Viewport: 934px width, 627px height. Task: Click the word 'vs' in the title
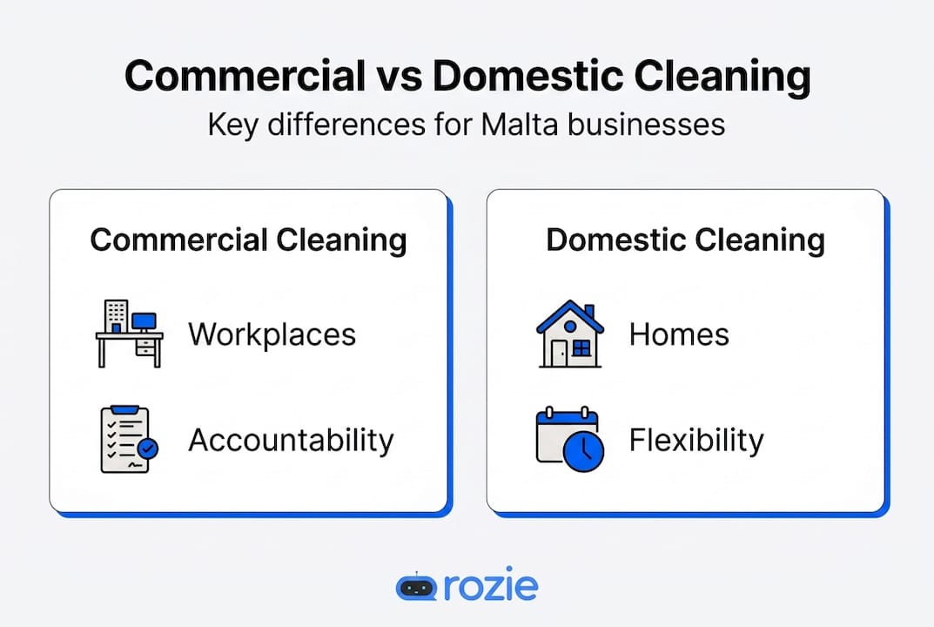point(399,78)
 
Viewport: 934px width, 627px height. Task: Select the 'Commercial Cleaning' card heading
point(248,240)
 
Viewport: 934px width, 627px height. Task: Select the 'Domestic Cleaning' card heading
point(685,240)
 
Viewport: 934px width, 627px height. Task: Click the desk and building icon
point(129,334)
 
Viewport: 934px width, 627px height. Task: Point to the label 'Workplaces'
point(272,334)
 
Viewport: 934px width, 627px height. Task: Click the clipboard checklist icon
point(126,439)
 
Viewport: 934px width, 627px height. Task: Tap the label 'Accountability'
point(291,440)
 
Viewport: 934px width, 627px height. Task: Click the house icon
point(569,334)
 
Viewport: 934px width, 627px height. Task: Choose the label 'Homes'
point(679,334)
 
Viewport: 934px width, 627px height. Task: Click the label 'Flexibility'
point(695,440)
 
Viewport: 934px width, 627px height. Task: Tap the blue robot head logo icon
point(415,586)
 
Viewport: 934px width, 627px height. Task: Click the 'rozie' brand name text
point(490,586)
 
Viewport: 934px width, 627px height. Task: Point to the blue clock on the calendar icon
point(584,452)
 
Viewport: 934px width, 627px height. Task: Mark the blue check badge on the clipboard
point(149,449)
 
